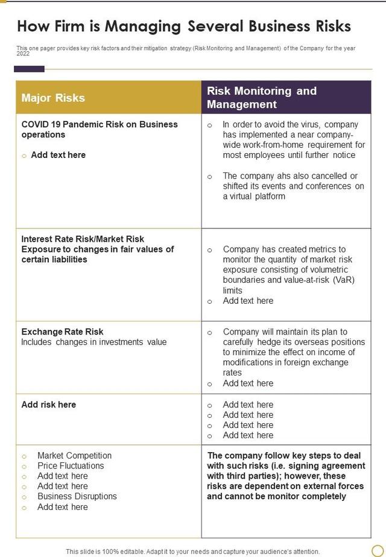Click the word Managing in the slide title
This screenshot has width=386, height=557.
143,27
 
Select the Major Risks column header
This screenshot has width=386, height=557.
53,98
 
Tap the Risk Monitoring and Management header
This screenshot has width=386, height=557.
262,98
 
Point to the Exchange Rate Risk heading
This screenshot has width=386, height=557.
62,332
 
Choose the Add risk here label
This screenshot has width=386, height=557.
49,404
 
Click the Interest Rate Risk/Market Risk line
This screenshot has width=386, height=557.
83,239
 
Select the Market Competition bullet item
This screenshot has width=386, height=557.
74,456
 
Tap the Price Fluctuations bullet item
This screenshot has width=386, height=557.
71,466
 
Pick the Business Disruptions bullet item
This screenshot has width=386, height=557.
77,497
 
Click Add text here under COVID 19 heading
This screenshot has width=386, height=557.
58,155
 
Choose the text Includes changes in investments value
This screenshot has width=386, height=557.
94,342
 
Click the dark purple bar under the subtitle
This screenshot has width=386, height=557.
29,69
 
